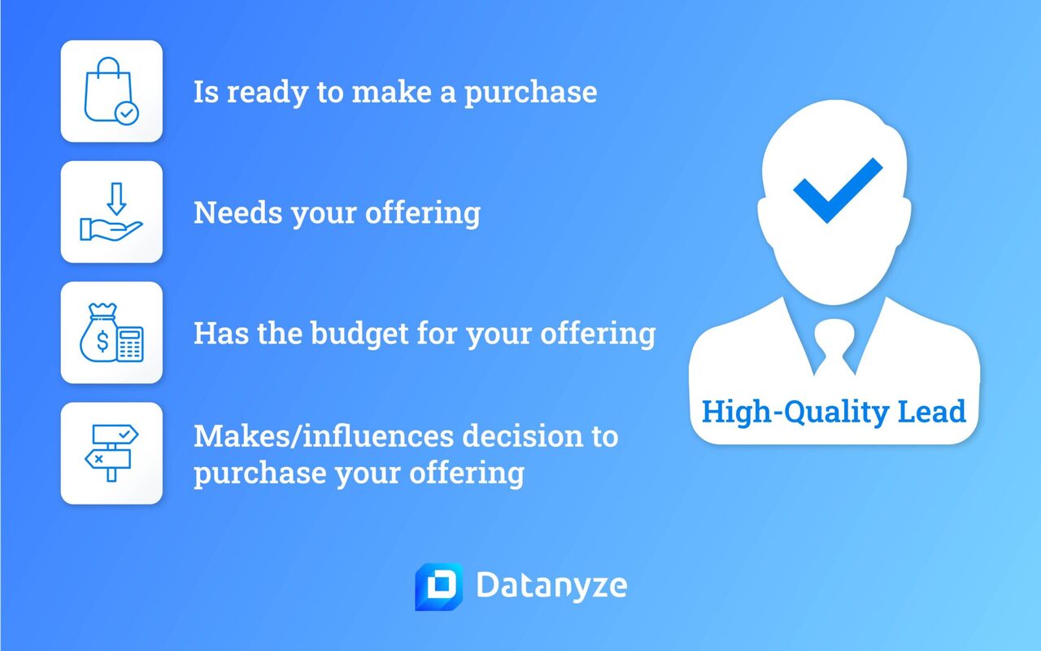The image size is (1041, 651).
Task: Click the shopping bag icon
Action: point(111,91)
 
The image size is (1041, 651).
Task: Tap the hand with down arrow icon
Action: point(111,212)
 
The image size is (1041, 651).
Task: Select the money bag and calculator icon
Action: point(111,333)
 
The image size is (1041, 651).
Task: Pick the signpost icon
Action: point(111,453)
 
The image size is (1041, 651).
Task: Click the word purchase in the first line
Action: point(530,93)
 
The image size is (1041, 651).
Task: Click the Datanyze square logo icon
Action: point(438,586)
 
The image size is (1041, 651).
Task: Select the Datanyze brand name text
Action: point(551,587)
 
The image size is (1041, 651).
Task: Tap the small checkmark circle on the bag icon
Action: point(127,113)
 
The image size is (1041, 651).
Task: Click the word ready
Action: point(269,93)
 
